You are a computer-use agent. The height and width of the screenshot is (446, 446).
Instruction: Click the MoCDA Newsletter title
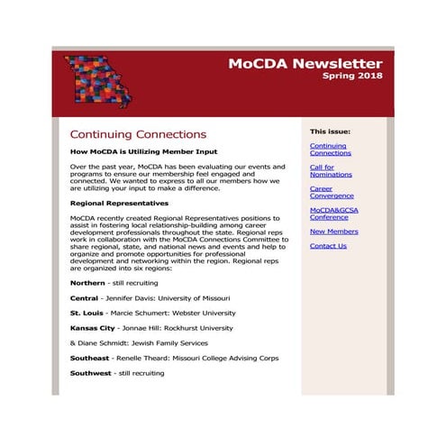[305, 64]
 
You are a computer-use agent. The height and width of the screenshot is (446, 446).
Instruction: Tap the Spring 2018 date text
[352, 77]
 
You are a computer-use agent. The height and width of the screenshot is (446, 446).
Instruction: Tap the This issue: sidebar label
[330, 132]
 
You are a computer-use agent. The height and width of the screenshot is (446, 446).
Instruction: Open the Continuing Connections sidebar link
[330, 149]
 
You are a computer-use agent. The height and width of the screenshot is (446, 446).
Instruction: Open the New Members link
[333, 232]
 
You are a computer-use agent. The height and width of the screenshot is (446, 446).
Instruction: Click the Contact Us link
[328, 246]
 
